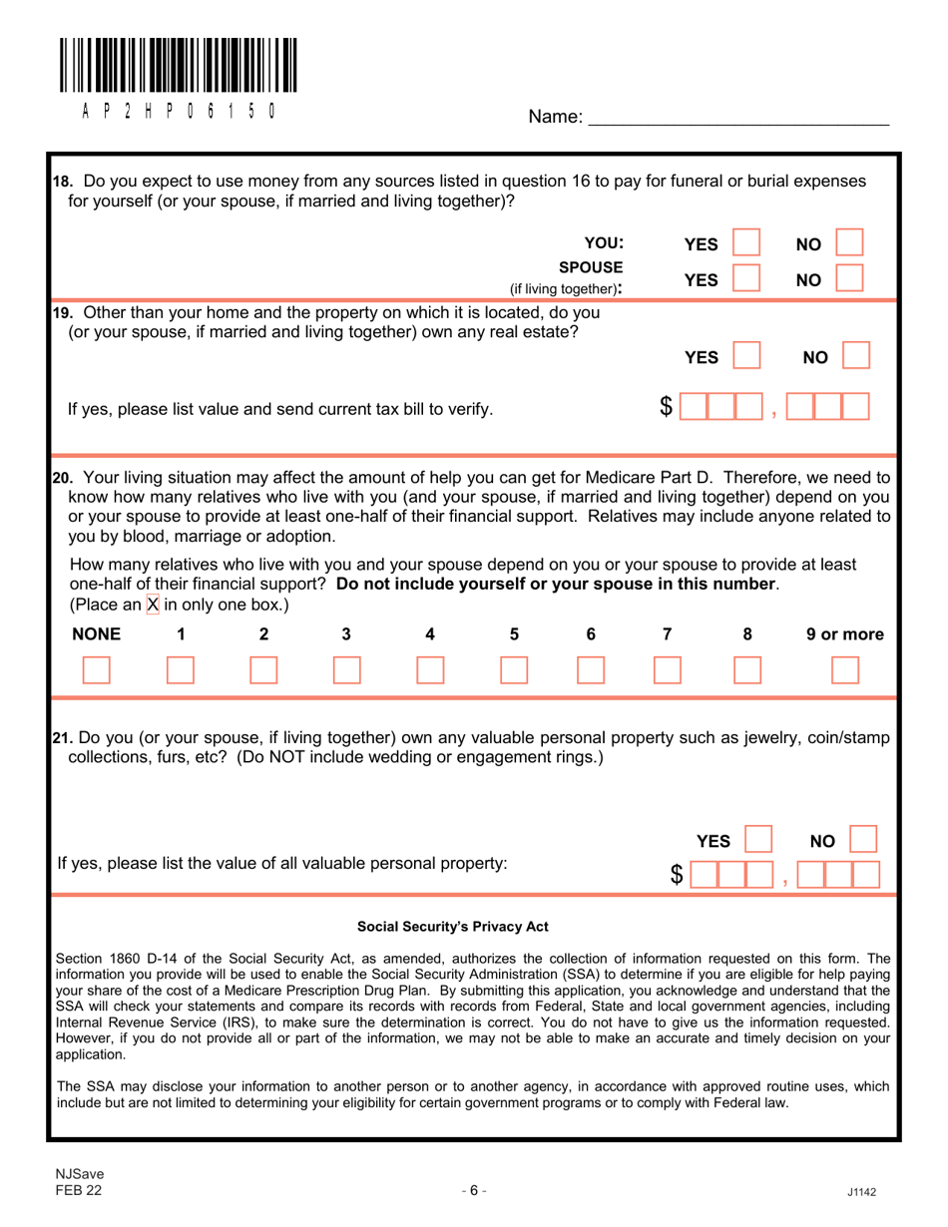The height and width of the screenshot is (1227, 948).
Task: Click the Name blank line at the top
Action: point(737,117)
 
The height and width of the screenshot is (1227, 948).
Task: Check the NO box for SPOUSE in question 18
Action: point(848,277)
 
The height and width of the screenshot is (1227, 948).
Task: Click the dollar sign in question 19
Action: point(666,407)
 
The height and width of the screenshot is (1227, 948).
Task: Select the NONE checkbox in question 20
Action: point(96,669)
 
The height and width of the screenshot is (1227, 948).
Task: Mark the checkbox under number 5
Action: point(513,669)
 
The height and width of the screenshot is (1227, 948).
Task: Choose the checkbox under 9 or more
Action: point(844,669)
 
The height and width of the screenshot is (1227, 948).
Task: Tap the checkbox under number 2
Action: point(263,669)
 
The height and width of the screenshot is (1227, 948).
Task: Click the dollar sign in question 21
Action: point(678,875)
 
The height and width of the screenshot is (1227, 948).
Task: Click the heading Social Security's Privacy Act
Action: point(438,927)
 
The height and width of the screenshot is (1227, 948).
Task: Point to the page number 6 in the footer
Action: point(474,1189)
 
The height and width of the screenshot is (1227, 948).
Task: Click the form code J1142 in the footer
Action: point(859,1191)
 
